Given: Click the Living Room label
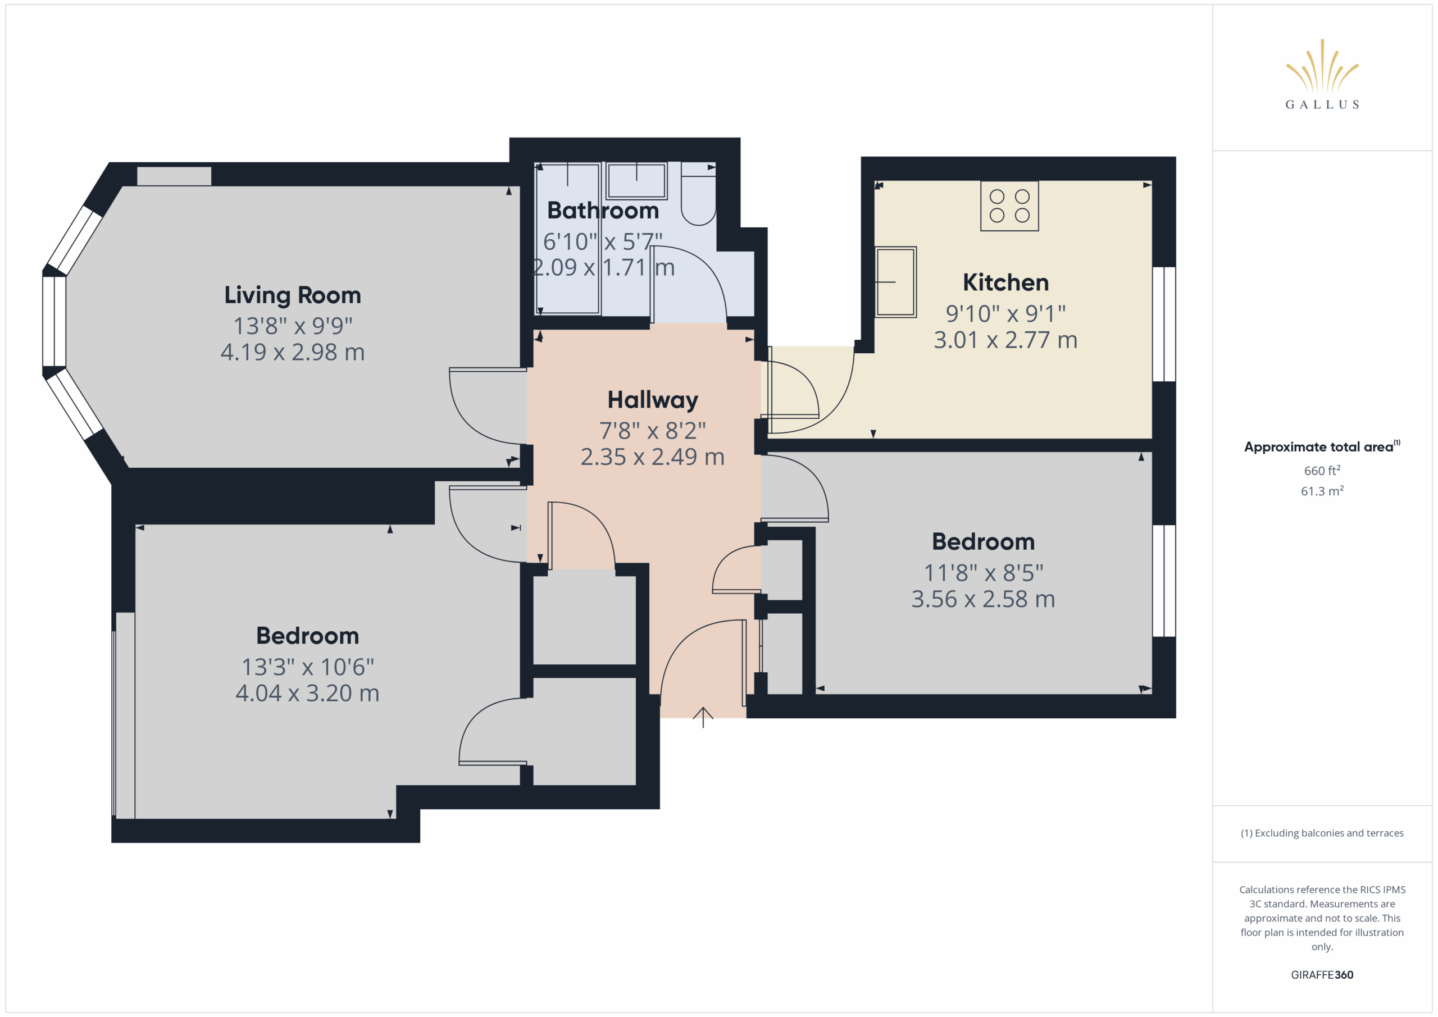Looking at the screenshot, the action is tap(293, 295).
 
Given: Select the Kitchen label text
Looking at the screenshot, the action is tap(1005, 282).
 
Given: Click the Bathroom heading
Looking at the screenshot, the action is tap(603, 211).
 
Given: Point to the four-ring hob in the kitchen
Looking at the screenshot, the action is tap(1009, 206).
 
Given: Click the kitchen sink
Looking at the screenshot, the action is tap(895, 282).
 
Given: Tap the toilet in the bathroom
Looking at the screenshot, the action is tap(698, 194).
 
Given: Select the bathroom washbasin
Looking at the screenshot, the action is tap(636, 180).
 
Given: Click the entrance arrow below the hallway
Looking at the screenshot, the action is tap(703, 717).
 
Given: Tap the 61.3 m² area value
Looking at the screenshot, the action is tap(1322, 491).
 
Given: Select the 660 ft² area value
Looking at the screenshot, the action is tap(1322, 470).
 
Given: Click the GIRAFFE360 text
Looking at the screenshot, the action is tap(1322, 975).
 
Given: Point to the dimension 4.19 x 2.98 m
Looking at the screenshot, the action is tap(293, 352).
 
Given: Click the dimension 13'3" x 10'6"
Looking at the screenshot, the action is tap(307, 667).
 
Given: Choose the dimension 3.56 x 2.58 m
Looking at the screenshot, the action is tap(984, 599).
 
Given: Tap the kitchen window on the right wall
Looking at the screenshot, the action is tap(1164, 325).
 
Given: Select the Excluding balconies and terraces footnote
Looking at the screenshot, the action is tap(1322, 833).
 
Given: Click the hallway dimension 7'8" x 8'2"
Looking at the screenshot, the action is tap(653, 431).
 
